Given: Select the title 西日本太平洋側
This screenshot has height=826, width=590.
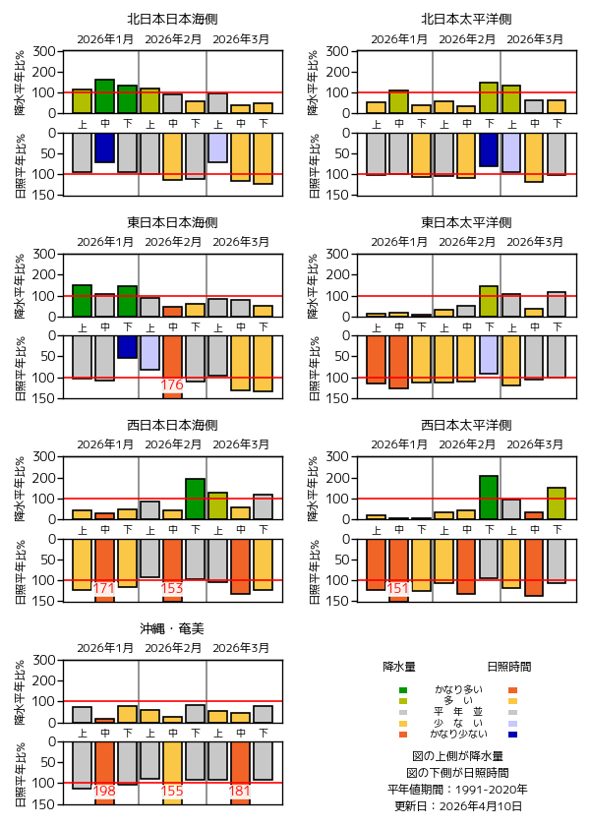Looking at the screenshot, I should click(466, 425).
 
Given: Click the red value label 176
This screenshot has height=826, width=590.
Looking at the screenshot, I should click(172, 384).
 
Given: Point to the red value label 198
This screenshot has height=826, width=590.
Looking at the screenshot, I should click(105, 791).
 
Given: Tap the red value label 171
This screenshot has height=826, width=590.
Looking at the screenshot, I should click(105, 588).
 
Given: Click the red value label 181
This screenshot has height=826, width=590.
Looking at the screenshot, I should click(240, 791).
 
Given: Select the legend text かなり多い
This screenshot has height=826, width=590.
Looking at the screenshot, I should click(458, 689).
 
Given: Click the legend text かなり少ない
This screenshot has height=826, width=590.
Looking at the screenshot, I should click(458, 734).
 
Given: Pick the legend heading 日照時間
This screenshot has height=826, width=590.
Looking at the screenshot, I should click(511, 666).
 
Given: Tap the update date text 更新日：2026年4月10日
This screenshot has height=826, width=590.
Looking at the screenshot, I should click(458, 805).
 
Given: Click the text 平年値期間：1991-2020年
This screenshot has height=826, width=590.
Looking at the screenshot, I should click(458, 789).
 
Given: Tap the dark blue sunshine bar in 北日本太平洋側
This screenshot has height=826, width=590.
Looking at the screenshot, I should click(489, 149).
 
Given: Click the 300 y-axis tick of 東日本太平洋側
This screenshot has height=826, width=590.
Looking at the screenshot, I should click(340, 254).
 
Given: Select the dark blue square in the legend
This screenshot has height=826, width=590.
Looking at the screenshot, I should click(513, 735).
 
